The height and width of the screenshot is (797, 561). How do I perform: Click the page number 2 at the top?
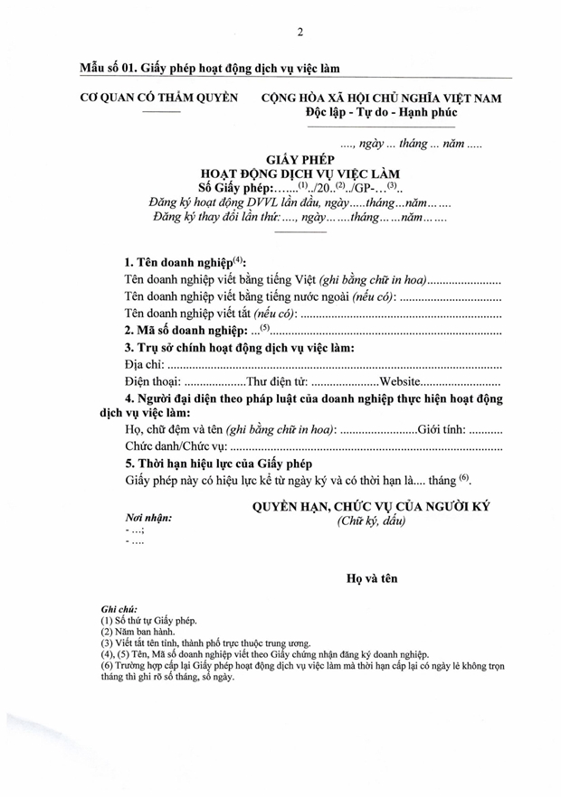tap(300, 33)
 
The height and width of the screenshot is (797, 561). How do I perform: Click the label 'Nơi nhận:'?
tap(148, 518)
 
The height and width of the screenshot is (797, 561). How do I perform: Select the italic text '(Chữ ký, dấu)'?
tap(371, 521)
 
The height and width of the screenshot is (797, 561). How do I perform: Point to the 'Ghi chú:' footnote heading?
tap(119, 610)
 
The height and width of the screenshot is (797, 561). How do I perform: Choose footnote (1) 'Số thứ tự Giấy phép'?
tap(147, 622)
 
